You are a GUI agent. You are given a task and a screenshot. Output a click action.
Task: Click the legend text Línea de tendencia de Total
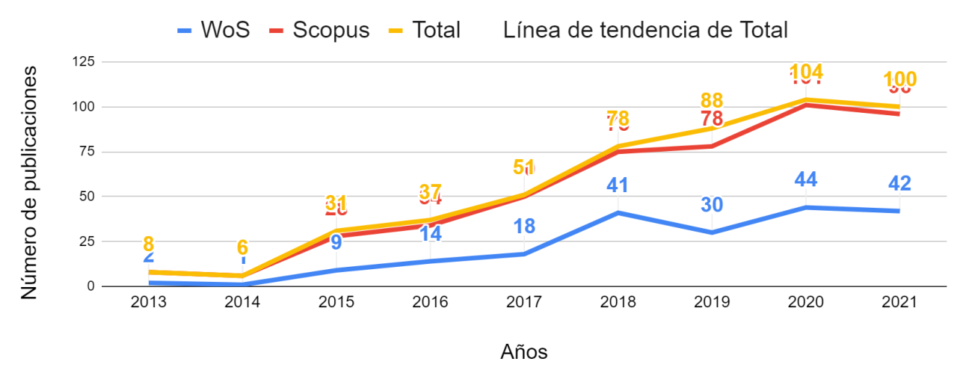click(645, 30)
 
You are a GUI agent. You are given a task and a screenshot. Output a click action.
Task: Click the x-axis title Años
click(523, 352)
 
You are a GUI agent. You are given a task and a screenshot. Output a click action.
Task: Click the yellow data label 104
click(806, 72)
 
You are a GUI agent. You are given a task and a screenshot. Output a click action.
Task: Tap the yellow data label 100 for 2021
click(899, 79)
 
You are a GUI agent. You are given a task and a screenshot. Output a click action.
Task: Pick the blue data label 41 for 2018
click(618, 185)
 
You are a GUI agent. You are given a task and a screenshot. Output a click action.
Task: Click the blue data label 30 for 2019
click(712, 204)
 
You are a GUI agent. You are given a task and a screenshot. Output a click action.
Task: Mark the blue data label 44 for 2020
click(805, 179)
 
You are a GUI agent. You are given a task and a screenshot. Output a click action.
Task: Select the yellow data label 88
click(712, 100)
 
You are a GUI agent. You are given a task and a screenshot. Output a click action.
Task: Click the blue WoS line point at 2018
click(618, 213)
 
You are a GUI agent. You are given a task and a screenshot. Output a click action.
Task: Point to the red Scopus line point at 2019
click(712, 147)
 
